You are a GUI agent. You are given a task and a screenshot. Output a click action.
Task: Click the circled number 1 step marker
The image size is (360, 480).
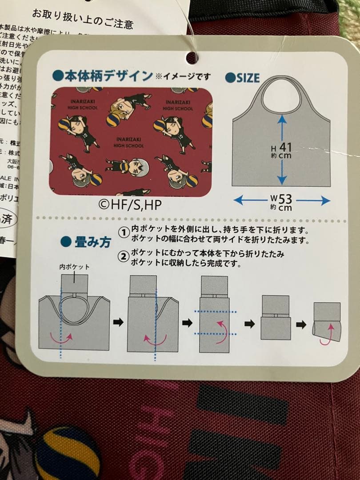click(x=123, y=232)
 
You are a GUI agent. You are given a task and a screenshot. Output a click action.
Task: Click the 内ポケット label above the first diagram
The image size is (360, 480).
click(x=74, y=267)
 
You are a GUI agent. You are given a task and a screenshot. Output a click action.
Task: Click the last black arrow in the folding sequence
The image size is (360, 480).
click(x=301, y=324)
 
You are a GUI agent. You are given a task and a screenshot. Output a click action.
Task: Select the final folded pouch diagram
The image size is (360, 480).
click(x=327, y=322)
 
